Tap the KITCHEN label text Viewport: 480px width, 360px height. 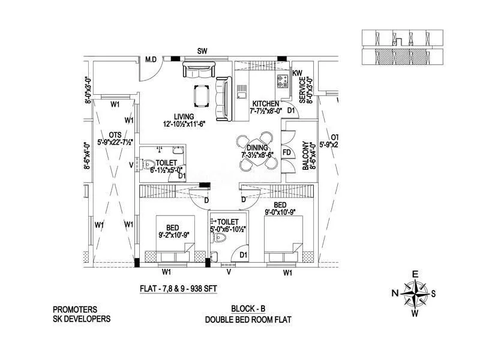[265, 104]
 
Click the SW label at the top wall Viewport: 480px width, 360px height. [203, 52]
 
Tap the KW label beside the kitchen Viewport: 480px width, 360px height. [297, 74]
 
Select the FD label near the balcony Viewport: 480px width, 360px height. [287, 152]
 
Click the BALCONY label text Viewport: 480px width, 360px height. [306, 157]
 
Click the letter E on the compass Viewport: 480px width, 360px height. [415, 274]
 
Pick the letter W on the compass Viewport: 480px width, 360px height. [415, 313]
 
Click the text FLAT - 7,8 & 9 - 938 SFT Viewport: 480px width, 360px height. [178, 288]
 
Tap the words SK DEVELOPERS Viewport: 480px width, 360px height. [82, 319]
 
